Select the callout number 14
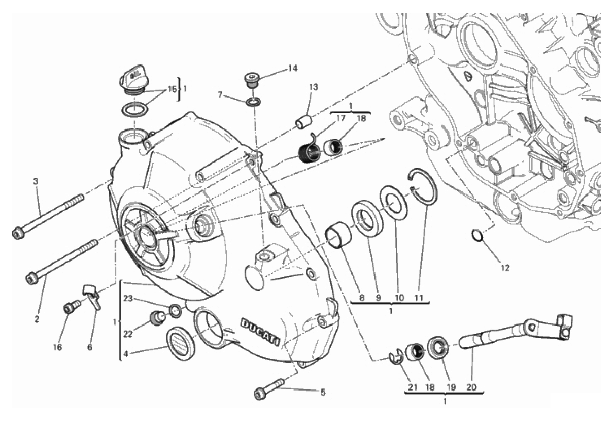coord(293,68)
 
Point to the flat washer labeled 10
coord(395,203)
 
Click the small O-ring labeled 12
coord(476,236)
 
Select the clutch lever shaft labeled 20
coord(513,330)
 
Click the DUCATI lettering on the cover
coord(260,332)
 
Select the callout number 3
coord(36,181)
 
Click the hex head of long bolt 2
coord(32,278)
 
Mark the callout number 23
coord(128,299)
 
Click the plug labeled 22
coord(155,319)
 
